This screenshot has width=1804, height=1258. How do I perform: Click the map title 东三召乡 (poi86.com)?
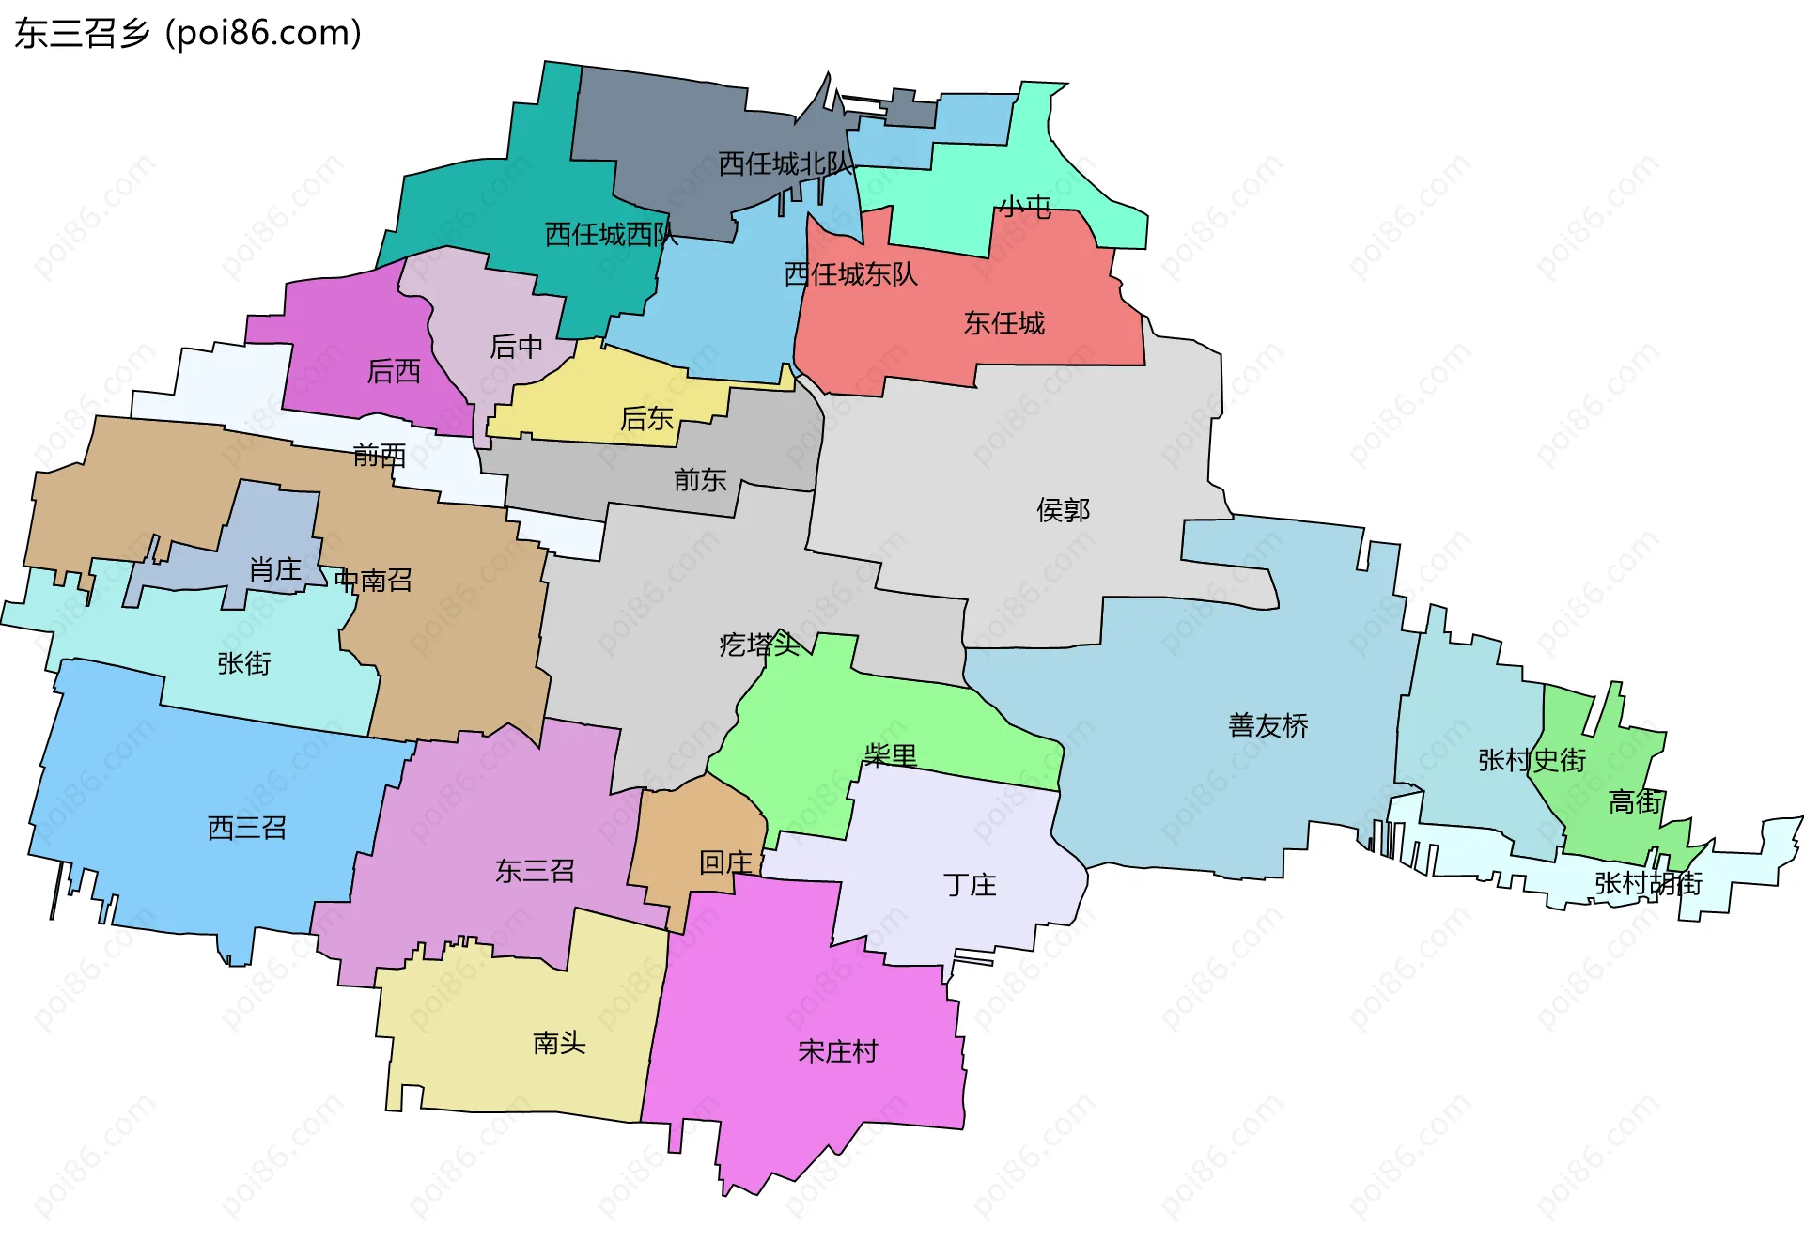(x=188, y=34)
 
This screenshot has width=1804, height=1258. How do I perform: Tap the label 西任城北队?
(x=785, y=164)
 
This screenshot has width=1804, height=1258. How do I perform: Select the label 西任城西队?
(x=611, y=235)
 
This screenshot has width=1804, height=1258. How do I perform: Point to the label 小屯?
(x=1024, y=207)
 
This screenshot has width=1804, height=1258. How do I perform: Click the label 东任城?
(x=1003, y=324)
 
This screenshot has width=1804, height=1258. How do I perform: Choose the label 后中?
(x=516, y=348)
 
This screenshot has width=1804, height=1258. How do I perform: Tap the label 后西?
(x=394, y=372)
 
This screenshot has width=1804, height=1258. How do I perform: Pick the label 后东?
(x=646, y=419)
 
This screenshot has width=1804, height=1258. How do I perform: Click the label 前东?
(x=700, y=481)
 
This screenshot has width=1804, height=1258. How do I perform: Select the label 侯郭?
(x=1063, y=511)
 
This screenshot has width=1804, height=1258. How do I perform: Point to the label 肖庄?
(x=274, y=569)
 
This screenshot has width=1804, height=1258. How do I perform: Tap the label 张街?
(x=244, y=664)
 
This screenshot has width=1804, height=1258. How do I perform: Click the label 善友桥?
(x=1267, y=726)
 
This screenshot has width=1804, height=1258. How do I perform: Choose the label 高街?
(x=1635, y=802)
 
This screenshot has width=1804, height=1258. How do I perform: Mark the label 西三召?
(x=246, y=829)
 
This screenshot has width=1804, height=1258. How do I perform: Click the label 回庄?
(x=725, y=862)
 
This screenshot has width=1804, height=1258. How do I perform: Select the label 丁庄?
(x=970, y=885)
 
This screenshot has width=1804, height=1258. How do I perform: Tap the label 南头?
(x=559, y=1044)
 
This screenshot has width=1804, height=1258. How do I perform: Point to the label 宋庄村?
(x=837, y=1051)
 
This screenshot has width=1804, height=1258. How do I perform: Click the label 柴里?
(x=890, y=755)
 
